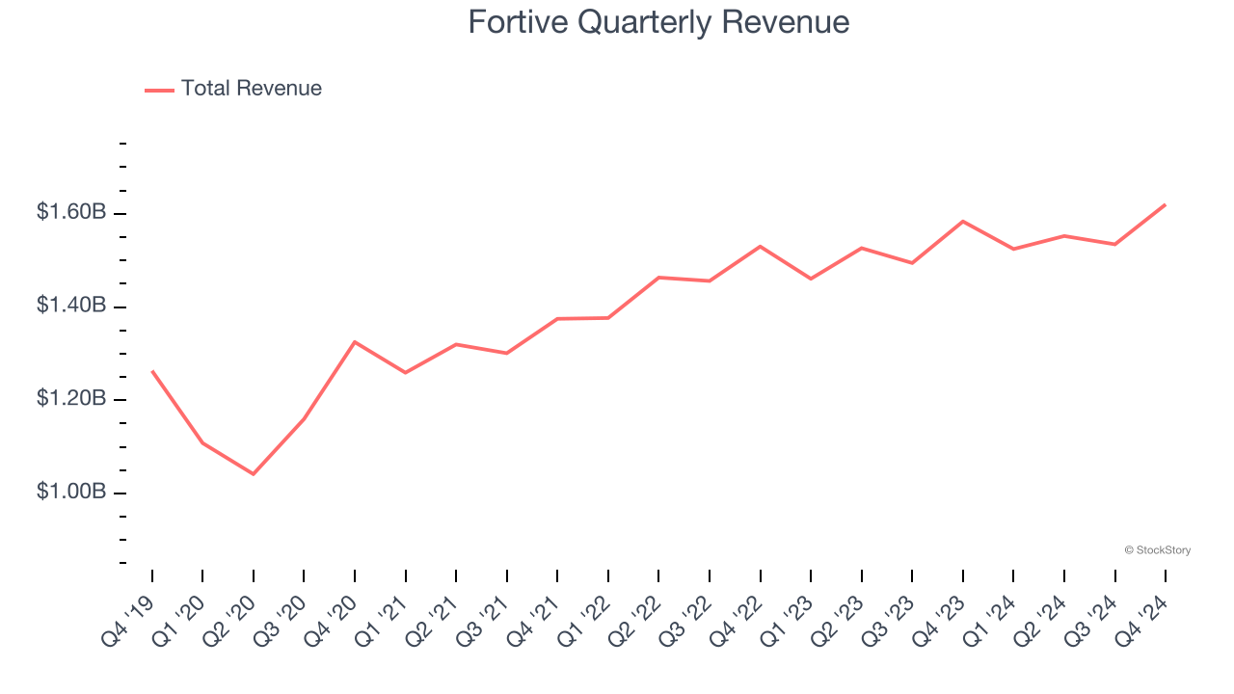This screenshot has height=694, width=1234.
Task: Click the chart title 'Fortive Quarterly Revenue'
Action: pos(658,22)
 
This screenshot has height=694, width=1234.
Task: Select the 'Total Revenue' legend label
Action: pos(251,89)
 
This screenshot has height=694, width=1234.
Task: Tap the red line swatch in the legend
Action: pos(159,90)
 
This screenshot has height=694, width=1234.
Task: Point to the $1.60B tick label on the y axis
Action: pos(71,212)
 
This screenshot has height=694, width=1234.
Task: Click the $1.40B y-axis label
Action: pos(71,306)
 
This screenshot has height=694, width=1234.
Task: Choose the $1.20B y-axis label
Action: pos(71,399)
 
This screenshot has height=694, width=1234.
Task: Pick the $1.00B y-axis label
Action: pos(71,492)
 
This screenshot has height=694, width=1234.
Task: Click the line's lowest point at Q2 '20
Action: pos(254,474)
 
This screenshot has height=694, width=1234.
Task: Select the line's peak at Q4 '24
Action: pos(1166,204)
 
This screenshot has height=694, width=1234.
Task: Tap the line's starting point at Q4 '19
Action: pos(152,370)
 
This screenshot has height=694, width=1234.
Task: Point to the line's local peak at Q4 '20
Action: pos(355,342)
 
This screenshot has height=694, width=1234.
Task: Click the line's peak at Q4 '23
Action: pos(963,222)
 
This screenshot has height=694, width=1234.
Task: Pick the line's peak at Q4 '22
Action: pos(761,247)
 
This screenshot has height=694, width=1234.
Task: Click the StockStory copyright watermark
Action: pos(1157,550)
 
